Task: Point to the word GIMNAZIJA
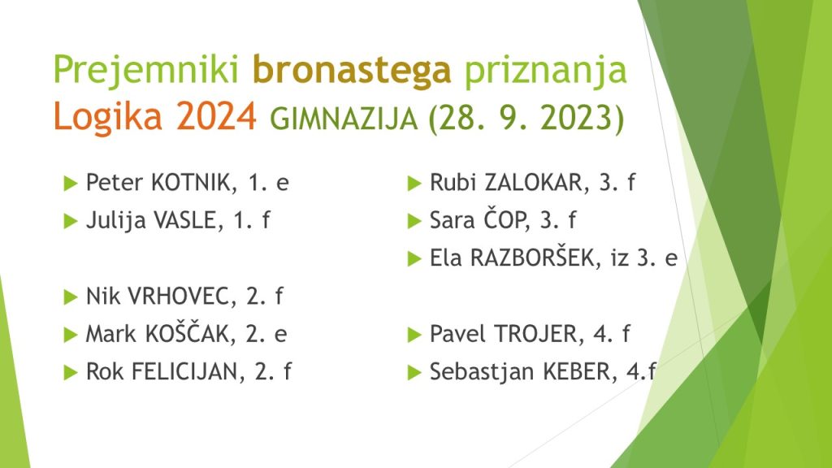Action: pyautogui.click(x=344, y=119)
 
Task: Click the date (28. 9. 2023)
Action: pyautogui.click(x=526, y=118)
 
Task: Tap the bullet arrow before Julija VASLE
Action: pyautogui.click(x=71, y=221)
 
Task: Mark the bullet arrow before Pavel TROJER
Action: pyautogui.click(x=414, y=335)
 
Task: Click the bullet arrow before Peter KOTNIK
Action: pyautogui.click(x=71, y=183)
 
